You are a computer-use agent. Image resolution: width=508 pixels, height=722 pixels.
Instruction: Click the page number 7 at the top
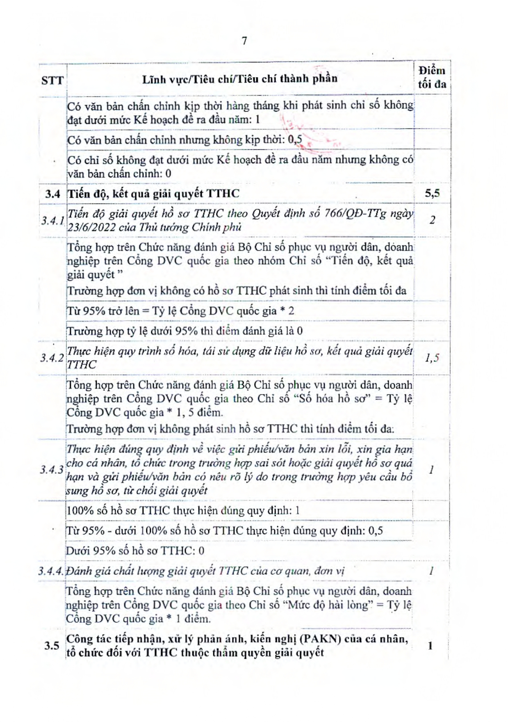[244, 41]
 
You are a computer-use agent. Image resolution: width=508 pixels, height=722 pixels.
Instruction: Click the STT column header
[52, 80]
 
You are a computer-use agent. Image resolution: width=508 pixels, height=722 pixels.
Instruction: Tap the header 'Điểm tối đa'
[432, 77]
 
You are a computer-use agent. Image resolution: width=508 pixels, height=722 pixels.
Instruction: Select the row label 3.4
[52, 194]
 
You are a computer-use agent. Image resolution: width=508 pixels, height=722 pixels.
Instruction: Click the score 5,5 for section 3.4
[432, 193]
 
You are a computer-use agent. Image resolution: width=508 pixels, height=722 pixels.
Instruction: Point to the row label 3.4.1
[52, 221]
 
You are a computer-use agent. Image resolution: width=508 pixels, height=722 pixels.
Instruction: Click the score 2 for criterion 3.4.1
[432, 220]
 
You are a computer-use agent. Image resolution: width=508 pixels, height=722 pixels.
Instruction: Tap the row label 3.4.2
[52, 358]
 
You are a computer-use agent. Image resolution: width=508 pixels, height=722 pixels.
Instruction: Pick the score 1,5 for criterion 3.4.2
[432, 358]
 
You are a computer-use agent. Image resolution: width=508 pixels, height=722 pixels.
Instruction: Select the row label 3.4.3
[52, 470]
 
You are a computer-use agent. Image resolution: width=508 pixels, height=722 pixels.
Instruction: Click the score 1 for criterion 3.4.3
[431, 470]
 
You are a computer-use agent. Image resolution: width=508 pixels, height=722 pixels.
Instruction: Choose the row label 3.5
[52, 646]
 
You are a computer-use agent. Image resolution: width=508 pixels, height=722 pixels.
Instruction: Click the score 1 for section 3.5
[431, 646]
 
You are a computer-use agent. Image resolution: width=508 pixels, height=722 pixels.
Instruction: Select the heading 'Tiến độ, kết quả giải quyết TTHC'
[153, 194]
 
